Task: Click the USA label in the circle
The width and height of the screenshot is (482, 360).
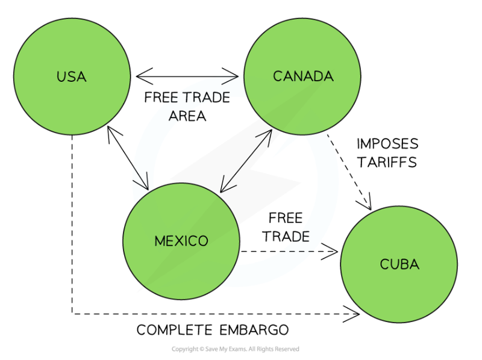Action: [x=71, y=76]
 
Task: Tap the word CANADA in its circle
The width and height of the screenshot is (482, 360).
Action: [x=303, y=76]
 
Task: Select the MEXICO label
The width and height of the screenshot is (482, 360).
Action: [x=181, y=241]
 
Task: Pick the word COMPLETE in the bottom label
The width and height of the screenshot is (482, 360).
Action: [x=172, y=330]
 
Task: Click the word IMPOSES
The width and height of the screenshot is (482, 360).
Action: [x=387, y=144]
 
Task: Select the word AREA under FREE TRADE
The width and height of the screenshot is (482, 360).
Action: [x=187, y=116]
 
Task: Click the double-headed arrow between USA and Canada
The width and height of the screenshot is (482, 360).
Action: [x=187, y=76]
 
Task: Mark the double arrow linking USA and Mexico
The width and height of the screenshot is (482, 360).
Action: [x=128, y=156]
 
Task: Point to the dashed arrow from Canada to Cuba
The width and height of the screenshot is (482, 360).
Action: [x=349, y=172]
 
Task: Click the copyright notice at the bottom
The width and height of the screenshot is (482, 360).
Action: [x=235, y=349]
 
